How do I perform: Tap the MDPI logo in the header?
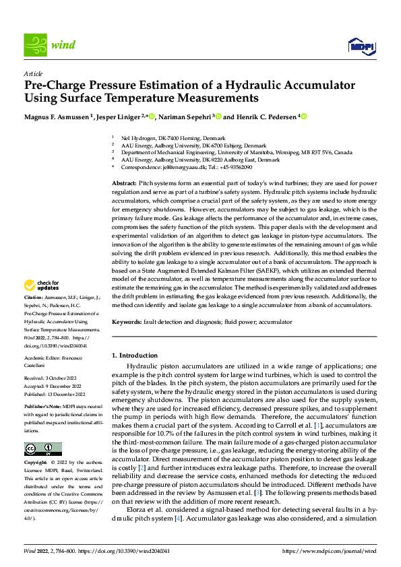click(x=360, y=46)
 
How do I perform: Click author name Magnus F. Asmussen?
click(x=57, y=116)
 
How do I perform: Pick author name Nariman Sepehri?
click(x=187, y=116)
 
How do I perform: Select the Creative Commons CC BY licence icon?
click(x=42, y=449)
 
